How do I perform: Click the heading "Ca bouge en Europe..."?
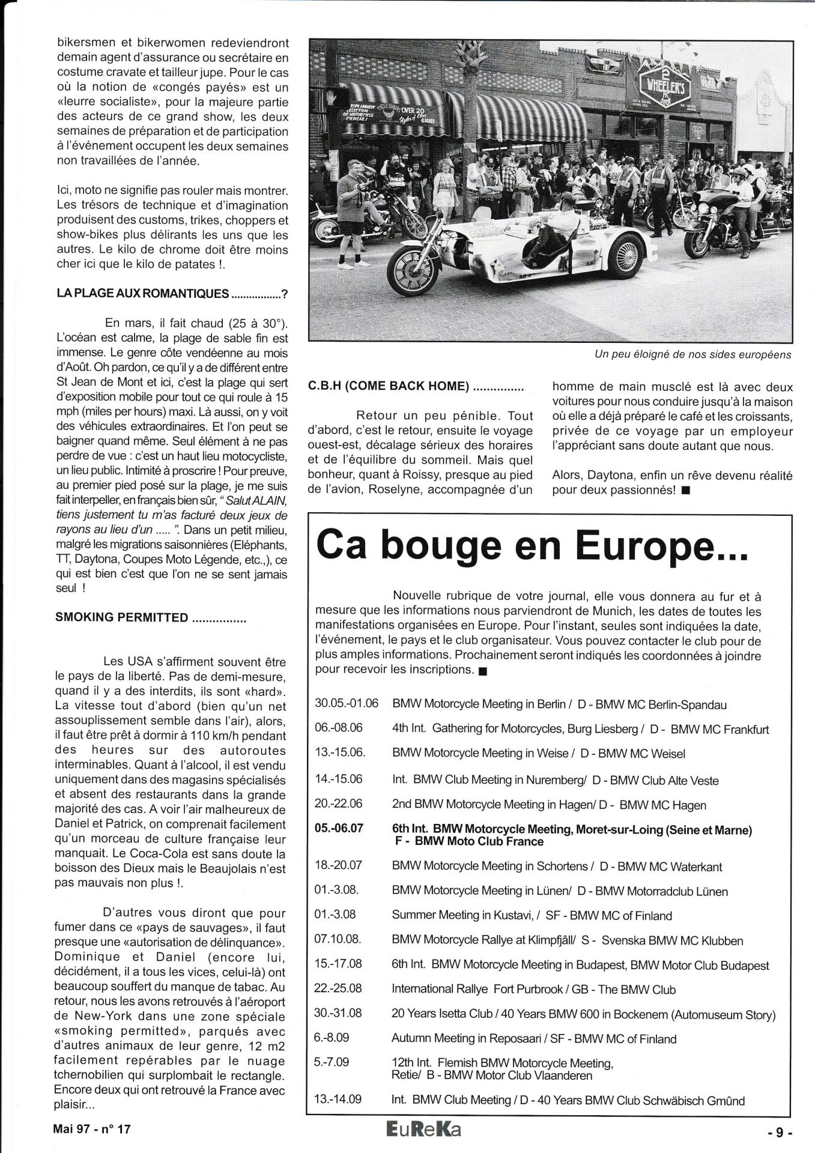point(532,545)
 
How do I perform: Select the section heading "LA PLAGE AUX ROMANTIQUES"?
point(143,294)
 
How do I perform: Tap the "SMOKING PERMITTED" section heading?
point(122,617)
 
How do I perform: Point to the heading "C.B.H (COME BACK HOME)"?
point(388,386)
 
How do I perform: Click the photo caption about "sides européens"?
point(692,354)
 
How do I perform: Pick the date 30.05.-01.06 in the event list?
point(346,704)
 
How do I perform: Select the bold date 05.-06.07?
point(339,829)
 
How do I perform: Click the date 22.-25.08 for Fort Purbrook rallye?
point(338,989)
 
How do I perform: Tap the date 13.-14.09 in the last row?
point(338,1100)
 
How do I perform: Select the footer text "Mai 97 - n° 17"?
point(91,1129)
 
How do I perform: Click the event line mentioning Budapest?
point(580,966)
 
